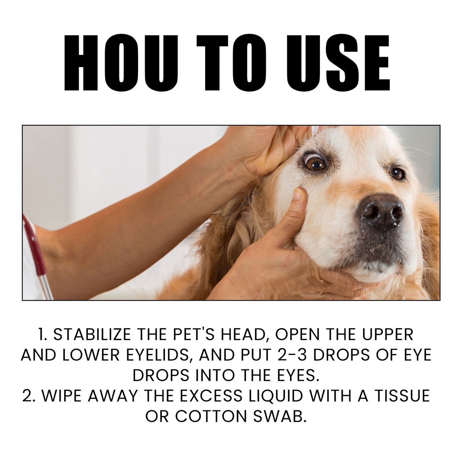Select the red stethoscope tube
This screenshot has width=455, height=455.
[x=35, y=246]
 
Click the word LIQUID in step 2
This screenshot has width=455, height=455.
[x=275, y=395]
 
